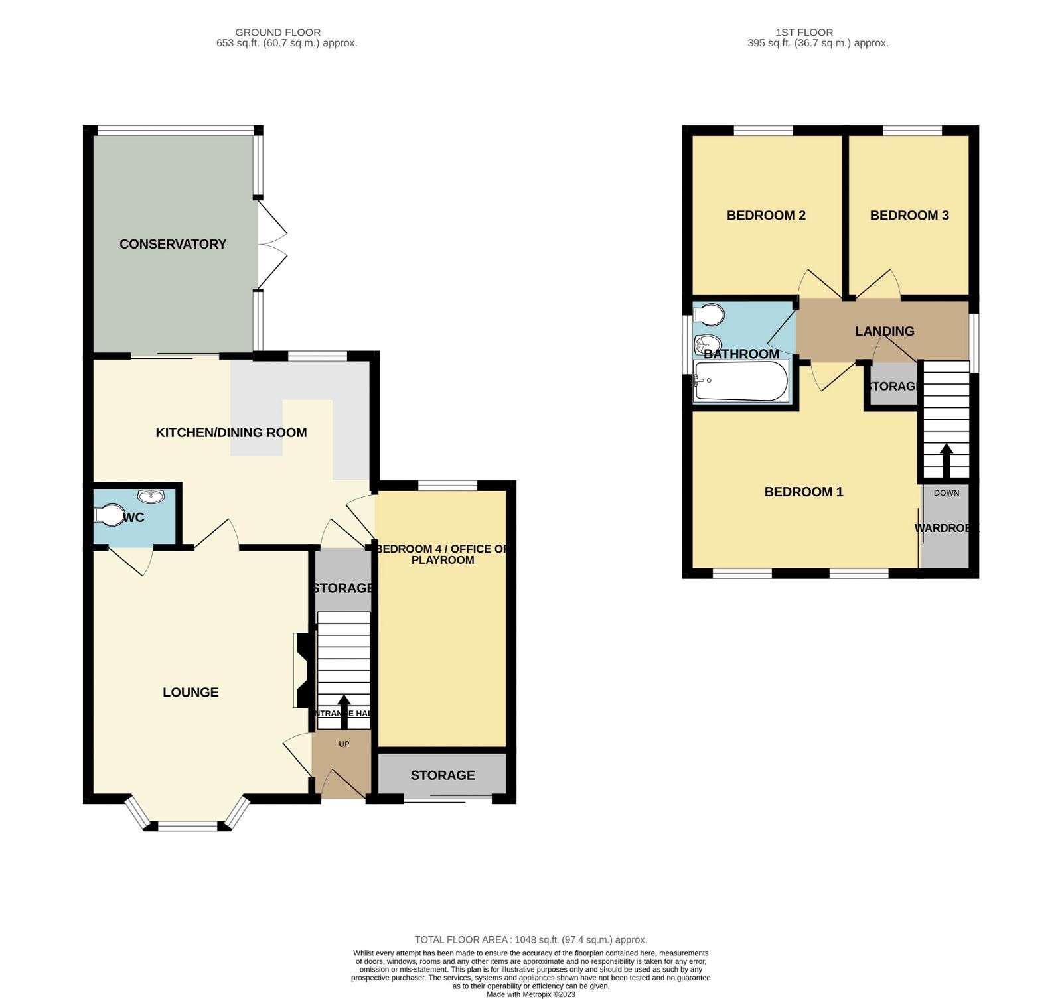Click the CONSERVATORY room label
[173, 244]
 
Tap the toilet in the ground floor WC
[108, 516]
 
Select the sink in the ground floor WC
[151, 496]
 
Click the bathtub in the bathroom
[740, 381]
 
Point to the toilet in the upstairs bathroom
[708, 314]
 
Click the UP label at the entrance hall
[344, 744]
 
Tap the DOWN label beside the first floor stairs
[946, 492]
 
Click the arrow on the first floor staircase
[947, 460]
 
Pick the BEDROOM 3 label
[909, 215]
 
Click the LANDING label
[884, 331]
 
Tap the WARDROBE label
[946, 528]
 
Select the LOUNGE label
[190, 692]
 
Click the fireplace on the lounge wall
[301, 671]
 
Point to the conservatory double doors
[271, 244]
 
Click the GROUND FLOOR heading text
[277, 32]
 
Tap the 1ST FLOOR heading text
[804, 32]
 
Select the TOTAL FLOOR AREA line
[530, 939]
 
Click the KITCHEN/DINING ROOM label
[231, 433]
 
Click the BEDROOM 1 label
[803, 492]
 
